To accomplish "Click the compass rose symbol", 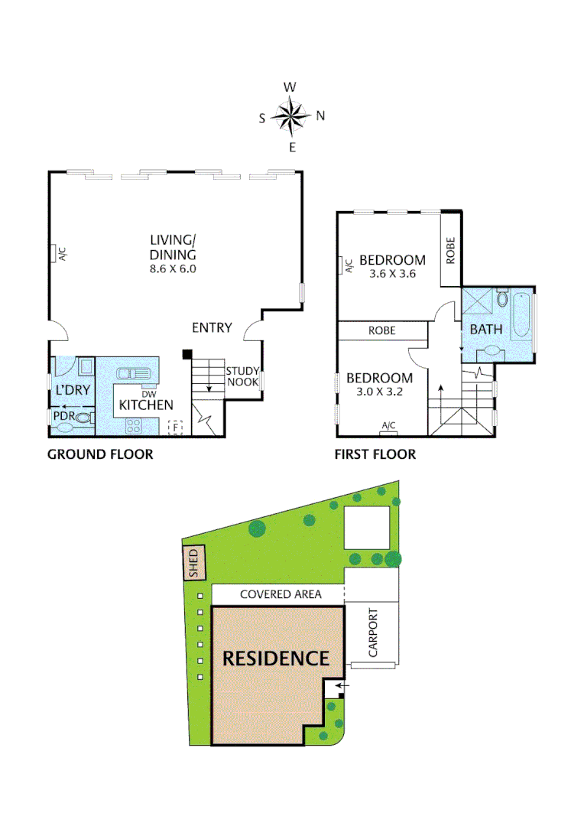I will click(x=291, y=116).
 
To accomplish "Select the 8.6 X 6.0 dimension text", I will click(x=173, y=268).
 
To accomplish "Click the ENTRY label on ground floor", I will click(x=212, y=327).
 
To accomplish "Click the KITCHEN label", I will click(x=146, y=405).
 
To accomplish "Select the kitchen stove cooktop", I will click(x=135, y=425).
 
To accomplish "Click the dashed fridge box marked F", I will click(x=176, y=427).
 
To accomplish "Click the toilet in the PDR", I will click(x=83, y=418).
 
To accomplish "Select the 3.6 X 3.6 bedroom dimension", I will click(x=391, y=274).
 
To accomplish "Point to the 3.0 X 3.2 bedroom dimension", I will click(x=379, y=392).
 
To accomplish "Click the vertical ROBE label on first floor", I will click(x=451, y=250).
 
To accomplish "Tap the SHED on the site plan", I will click(x=194, y=564).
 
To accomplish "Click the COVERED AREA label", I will click(x=281, y=593).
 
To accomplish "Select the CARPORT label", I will click(x=373, y=633).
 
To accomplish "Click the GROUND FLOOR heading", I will click(x=100, y=454).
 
